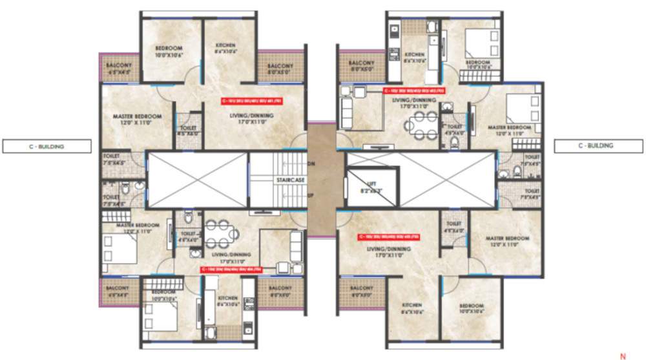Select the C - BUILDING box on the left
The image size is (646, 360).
pyautogui.click(x=47, y=147)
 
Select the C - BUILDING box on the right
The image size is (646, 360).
pyautogui.click(x=595, y=146)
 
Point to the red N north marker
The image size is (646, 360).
pyautogui.click(x=623, y=355)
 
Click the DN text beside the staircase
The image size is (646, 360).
pyautogui.click(x=312, y=164)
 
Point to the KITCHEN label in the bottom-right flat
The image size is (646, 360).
pyautogui.click(x=412, y=308)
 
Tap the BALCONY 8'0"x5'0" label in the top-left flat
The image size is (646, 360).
pyautogui.click(x=280, y=69)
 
